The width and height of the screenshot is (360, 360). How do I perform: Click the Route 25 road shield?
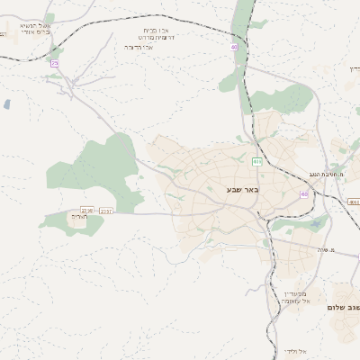point(54,63)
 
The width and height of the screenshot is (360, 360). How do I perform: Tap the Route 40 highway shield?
point(233,47)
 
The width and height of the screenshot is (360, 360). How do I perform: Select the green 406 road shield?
point(256,162)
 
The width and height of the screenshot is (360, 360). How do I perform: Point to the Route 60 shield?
point(304,193)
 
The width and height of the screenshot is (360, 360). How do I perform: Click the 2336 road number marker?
point(86,210)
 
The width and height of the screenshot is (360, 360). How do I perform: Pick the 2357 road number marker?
point(106,211)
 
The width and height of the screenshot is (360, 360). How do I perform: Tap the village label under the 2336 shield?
point(79,217)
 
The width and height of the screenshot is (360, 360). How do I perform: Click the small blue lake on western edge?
point(7,104)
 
